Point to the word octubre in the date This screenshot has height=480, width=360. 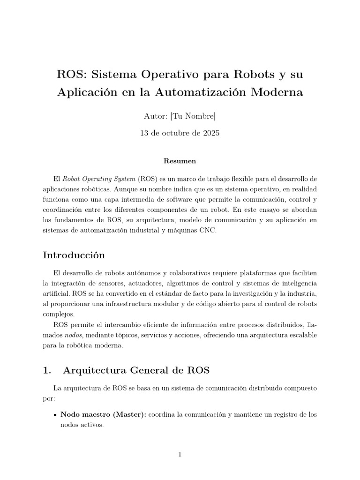[171, 133]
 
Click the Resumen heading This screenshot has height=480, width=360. [180, 161]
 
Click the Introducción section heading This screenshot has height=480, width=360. [74, 255]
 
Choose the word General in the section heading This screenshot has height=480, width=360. [149, 370]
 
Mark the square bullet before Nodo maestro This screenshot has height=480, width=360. [55, 415]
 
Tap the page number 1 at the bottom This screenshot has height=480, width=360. [180, 454]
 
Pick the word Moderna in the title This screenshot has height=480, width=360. [277, 92]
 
